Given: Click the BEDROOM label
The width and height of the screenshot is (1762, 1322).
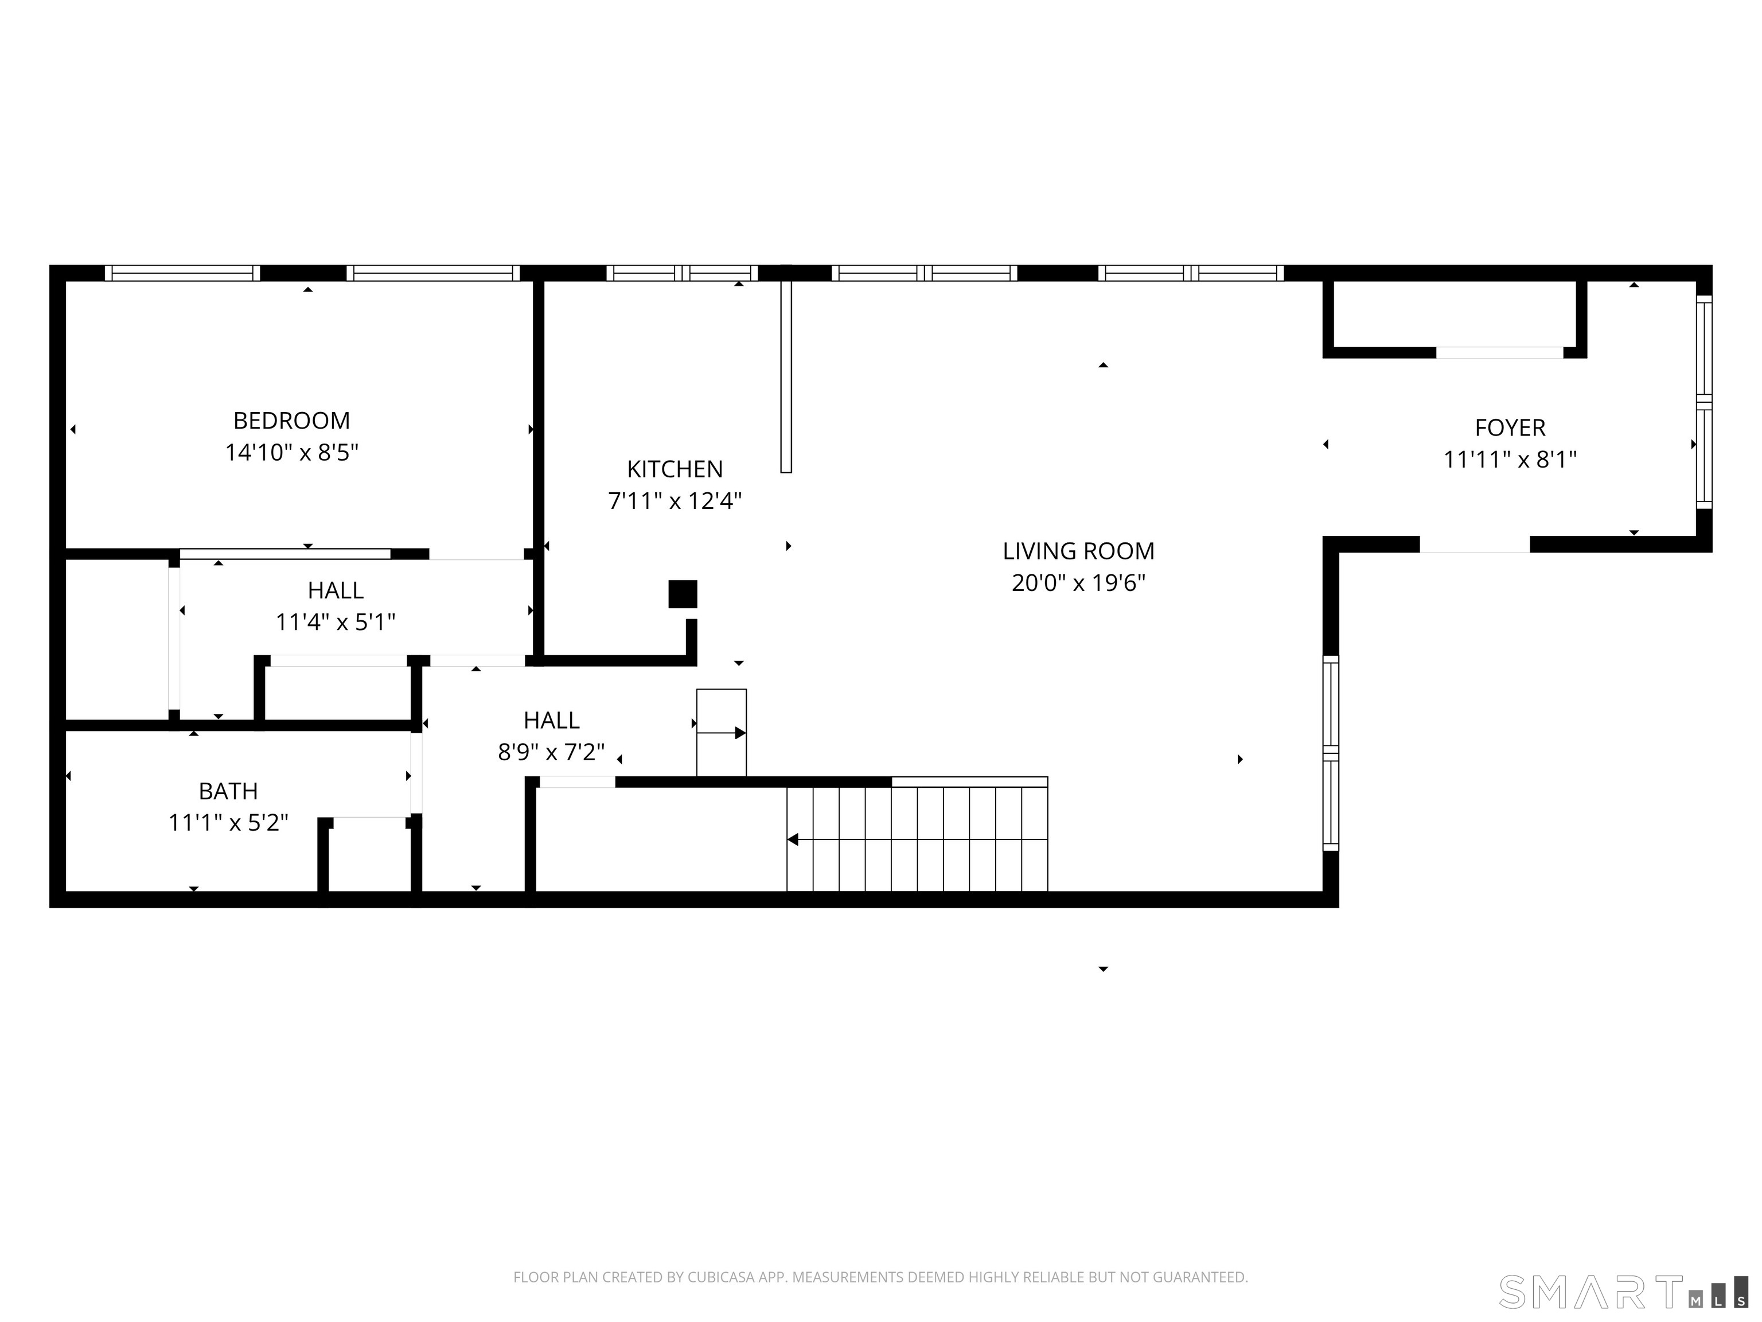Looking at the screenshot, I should [x=291, y=420].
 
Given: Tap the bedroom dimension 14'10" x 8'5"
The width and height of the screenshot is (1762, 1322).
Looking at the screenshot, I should [x=291, y=453].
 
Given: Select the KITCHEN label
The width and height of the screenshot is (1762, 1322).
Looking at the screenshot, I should [x=675, y=469].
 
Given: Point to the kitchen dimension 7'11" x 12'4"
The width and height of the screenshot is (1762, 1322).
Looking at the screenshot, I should [x=675, y=501].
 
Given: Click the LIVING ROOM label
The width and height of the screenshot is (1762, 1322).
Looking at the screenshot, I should [x=1078, y=551].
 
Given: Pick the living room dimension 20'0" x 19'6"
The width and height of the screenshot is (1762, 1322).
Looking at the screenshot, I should [x=1078, y=584].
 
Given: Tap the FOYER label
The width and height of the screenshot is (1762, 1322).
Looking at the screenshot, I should [x=1510, y=428].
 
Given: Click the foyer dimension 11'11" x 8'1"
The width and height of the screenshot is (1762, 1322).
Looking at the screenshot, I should [x=1510, y=460].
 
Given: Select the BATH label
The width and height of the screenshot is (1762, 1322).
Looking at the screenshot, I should [x=228, y=791].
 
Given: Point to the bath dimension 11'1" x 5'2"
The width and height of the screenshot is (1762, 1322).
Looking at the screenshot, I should [x=228, y=822].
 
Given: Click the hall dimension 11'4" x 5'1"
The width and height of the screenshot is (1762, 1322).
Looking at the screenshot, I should [x=336, y=623].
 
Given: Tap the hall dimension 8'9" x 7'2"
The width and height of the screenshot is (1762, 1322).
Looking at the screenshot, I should [x=551, y=752].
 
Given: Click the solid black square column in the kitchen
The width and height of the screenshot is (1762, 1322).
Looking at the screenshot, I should [x=683, y=594].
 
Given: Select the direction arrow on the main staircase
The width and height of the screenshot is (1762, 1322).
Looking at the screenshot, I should [x=793, y=839].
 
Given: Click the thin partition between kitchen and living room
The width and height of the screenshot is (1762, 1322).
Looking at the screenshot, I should [x=786, y=376].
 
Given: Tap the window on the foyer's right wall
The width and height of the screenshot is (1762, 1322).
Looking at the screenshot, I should [x=1704, y=402].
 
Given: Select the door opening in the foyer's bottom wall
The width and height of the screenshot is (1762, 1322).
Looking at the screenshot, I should [x=1475, y=545].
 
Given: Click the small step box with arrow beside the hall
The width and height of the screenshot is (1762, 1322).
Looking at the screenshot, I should [x=722, y=732].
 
